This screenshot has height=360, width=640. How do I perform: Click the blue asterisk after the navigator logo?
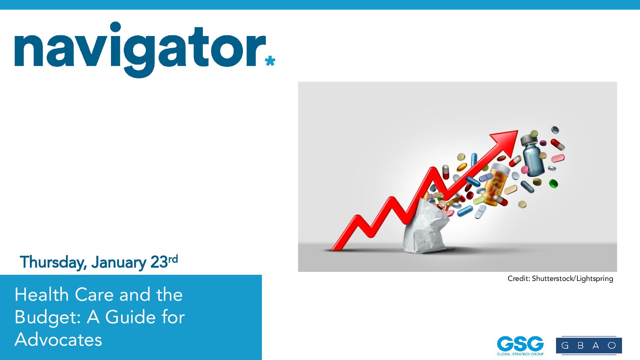(270, 61)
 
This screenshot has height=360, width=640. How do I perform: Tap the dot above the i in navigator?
(115, 27)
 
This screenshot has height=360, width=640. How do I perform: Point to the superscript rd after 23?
(173, 259)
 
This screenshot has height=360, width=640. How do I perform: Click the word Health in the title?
(41, 295)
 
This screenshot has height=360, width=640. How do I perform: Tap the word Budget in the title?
(48, 318)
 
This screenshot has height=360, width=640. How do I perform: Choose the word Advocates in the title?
(58, 340)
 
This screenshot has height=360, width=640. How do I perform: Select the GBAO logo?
(589, 345)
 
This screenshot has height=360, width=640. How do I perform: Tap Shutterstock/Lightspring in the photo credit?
(573, 279)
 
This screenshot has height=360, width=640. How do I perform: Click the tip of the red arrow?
(518, 130)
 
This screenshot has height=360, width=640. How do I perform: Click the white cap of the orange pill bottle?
(500, 169)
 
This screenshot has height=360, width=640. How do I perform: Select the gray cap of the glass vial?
(529, 140)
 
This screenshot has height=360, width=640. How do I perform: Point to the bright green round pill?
(553, 183)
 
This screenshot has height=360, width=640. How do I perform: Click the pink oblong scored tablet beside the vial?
(558, 158)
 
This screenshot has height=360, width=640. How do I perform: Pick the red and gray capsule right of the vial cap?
(558, 145)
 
